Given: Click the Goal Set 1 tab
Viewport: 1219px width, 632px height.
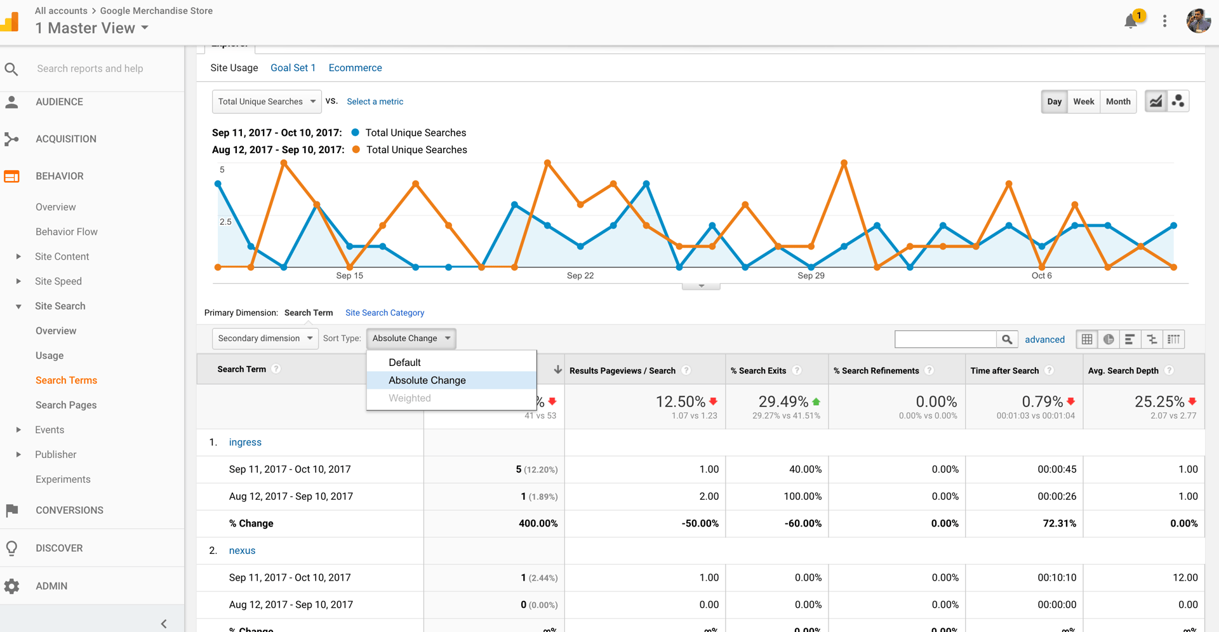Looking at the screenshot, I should point(293,68).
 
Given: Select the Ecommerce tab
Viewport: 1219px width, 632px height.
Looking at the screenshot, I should point(355,68).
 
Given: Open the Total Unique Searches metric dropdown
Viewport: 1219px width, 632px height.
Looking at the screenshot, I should point(267,102).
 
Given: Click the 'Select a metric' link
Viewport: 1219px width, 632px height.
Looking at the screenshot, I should point(375,102).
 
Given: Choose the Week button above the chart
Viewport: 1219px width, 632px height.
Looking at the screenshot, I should point(1083,102).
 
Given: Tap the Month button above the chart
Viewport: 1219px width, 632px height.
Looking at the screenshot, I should point(1117,102).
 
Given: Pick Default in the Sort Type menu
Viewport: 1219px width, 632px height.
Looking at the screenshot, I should point(404,362).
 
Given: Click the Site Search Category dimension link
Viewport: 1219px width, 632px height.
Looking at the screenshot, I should point(384,313).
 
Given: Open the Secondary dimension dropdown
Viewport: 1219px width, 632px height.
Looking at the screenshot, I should point(265,339).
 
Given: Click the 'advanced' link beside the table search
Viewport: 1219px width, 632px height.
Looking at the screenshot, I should point(1044,339).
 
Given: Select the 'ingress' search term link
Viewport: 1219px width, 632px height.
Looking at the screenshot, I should point(245,442).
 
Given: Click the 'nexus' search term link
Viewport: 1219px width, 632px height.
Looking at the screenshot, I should point(242,551).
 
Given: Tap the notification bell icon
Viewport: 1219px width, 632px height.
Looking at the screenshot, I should point(1131,22).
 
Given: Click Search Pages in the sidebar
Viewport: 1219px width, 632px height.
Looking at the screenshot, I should point(66,405).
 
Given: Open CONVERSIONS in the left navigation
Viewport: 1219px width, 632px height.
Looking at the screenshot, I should point(69,510).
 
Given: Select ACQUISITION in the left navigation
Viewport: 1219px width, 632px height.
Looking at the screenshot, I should point(66,139).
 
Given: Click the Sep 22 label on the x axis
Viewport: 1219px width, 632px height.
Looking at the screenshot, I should point(580,276).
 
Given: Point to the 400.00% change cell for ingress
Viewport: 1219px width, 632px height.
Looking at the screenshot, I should point(538,523).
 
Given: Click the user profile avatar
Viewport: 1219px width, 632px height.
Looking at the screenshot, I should point(1198,21).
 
